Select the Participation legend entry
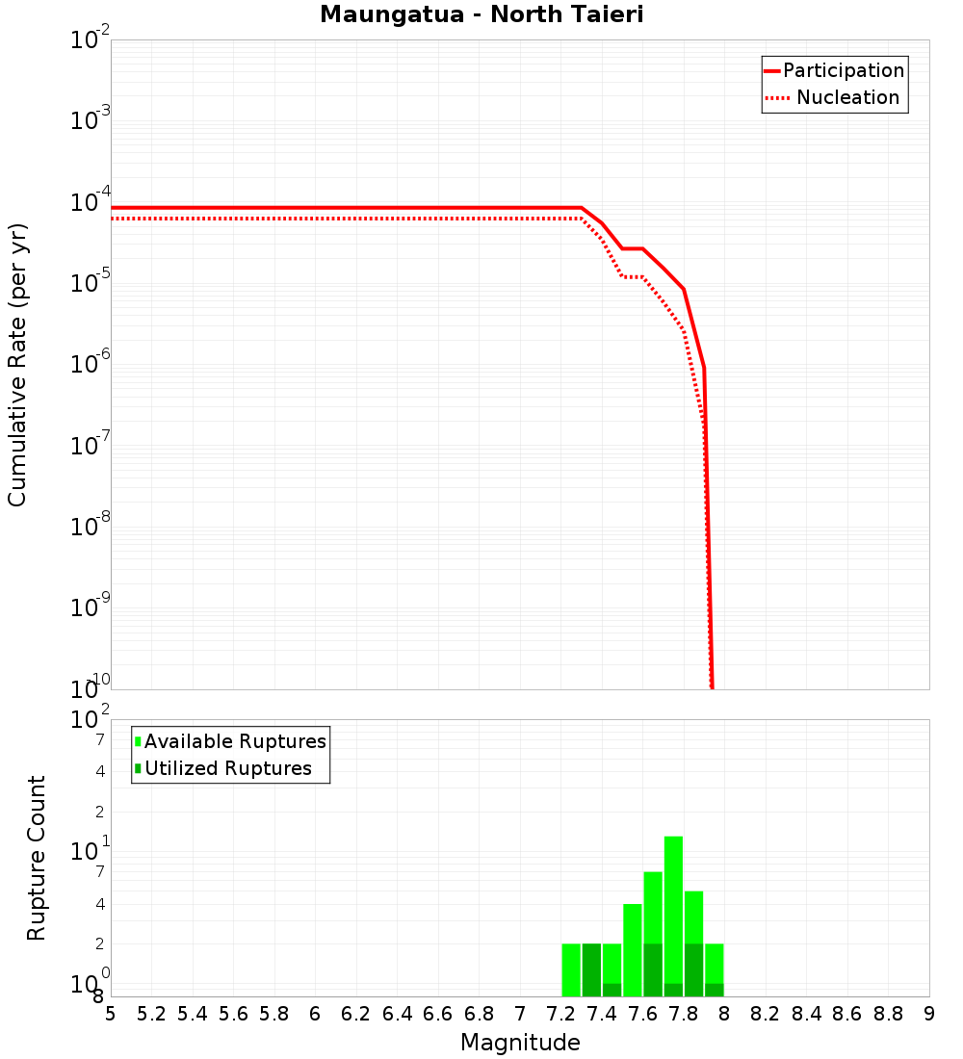point(844,70)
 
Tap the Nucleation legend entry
point(847,97)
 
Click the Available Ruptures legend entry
point(235,741)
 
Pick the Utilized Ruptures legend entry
point(228,768)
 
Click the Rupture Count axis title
point(37,858)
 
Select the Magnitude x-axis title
point(520,1043)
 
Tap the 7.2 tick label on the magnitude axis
point(560,1014)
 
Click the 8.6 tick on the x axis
point(847,1014)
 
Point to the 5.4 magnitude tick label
point(193,1014)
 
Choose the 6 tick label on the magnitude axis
point(315,1014)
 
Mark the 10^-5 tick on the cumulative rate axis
point(91,283)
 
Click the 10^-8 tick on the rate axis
point(91,527)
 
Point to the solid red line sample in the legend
point(772,70)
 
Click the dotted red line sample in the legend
point(775,97)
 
